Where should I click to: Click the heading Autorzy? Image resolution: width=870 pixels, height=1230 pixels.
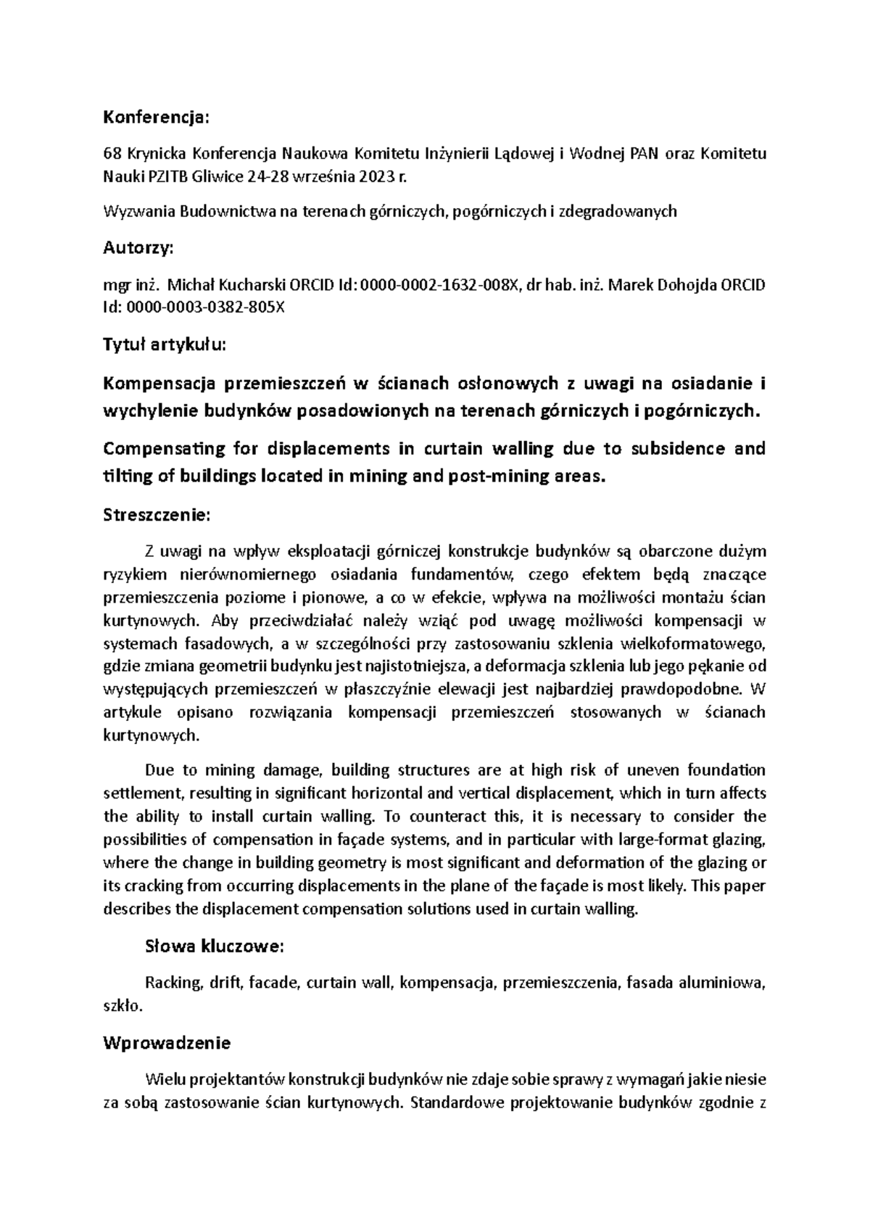138,248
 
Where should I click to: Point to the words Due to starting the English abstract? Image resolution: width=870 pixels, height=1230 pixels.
165,770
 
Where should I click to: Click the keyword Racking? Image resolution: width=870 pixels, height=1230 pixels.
173,983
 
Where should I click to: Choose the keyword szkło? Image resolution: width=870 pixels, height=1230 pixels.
123,1006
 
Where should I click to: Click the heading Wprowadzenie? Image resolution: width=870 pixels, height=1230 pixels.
167,1044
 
